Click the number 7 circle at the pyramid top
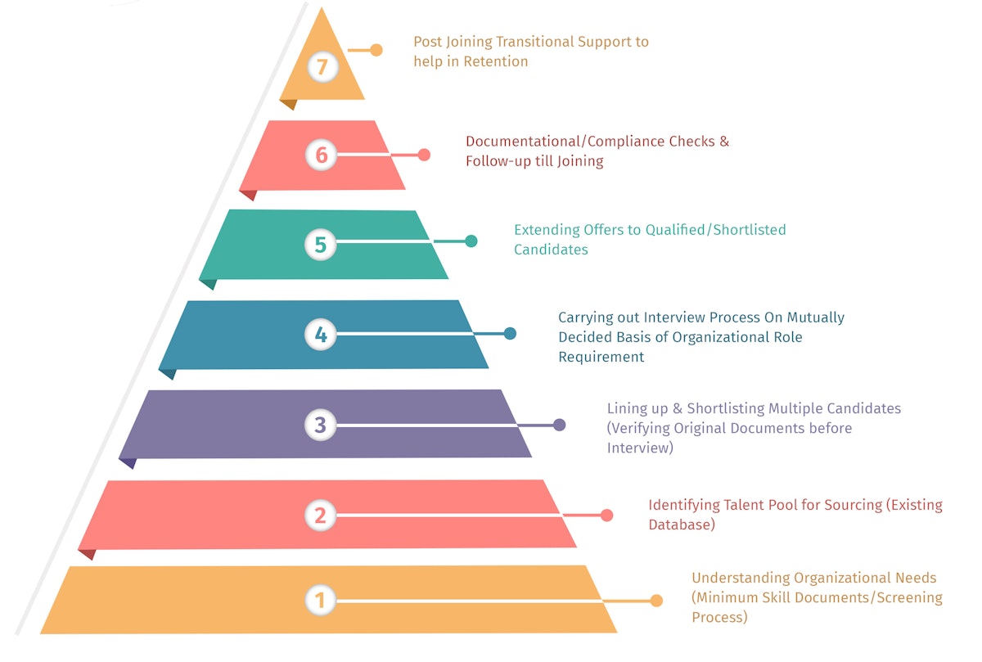pyautogui.click(x=322, y=66)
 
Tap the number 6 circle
pyautogui.click(x=321, y=155)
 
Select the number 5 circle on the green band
pyautogui.click(x=320, y=244)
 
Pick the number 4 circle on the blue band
pyautogui.click(x=320, y=334)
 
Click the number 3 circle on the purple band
pyautogui.click(x=320, y=425)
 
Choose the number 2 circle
pyautogui.click(x=320, y=515)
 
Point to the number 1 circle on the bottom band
pyautogui.click(x=320, y=601)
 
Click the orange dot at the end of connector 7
pyautogui.click(x=376, y=50)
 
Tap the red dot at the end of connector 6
pyautogui.click(x=424, y=155)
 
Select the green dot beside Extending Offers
pyautogui.click(x=471, y=241)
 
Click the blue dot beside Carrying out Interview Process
pyautogui.click(x=510, y=333)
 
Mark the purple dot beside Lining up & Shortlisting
pyautogui.click(x=559, y=425)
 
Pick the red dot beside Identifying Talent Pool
pyautogui.click(x=606, y=515)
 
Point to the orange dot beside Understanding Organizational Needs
pyautogui.click(x=655, y=601)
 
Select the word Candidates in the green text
pyautogui.click(x=551, y=250)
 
